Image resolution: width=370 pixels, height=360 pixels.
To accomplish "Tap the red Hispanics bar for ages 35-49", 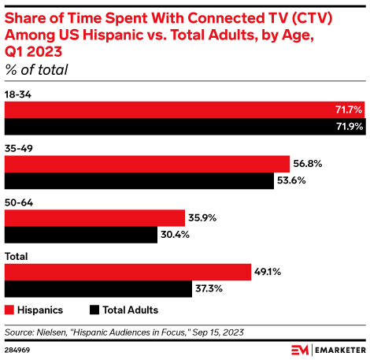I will (148, 164).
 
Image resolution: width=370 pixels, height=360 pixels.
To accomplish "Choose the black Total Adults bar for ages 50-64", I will (81, 235).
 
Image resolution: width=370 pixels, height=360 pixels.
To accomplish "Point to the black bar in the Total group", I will (98, 289).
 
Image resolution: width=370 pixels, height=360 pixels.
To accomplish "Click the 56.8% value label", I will (308, 164).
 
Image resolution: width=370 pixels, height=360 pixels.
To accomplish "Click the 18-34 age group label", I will (17, 94).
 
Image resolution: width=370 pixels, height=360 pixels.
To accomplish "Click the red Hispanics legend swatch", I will (9, 310).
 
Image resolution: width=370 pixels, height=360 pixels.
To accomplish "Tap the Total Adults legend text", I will (131, 310).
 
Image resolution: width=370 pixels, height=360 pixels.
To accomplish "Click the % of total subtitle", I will (36, 70).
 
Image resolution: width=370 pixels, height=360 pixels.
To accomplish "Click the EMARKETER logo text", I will (338, 349).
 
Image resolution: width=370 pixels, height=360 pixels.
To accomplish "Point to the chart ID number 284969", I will (17, 349).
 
